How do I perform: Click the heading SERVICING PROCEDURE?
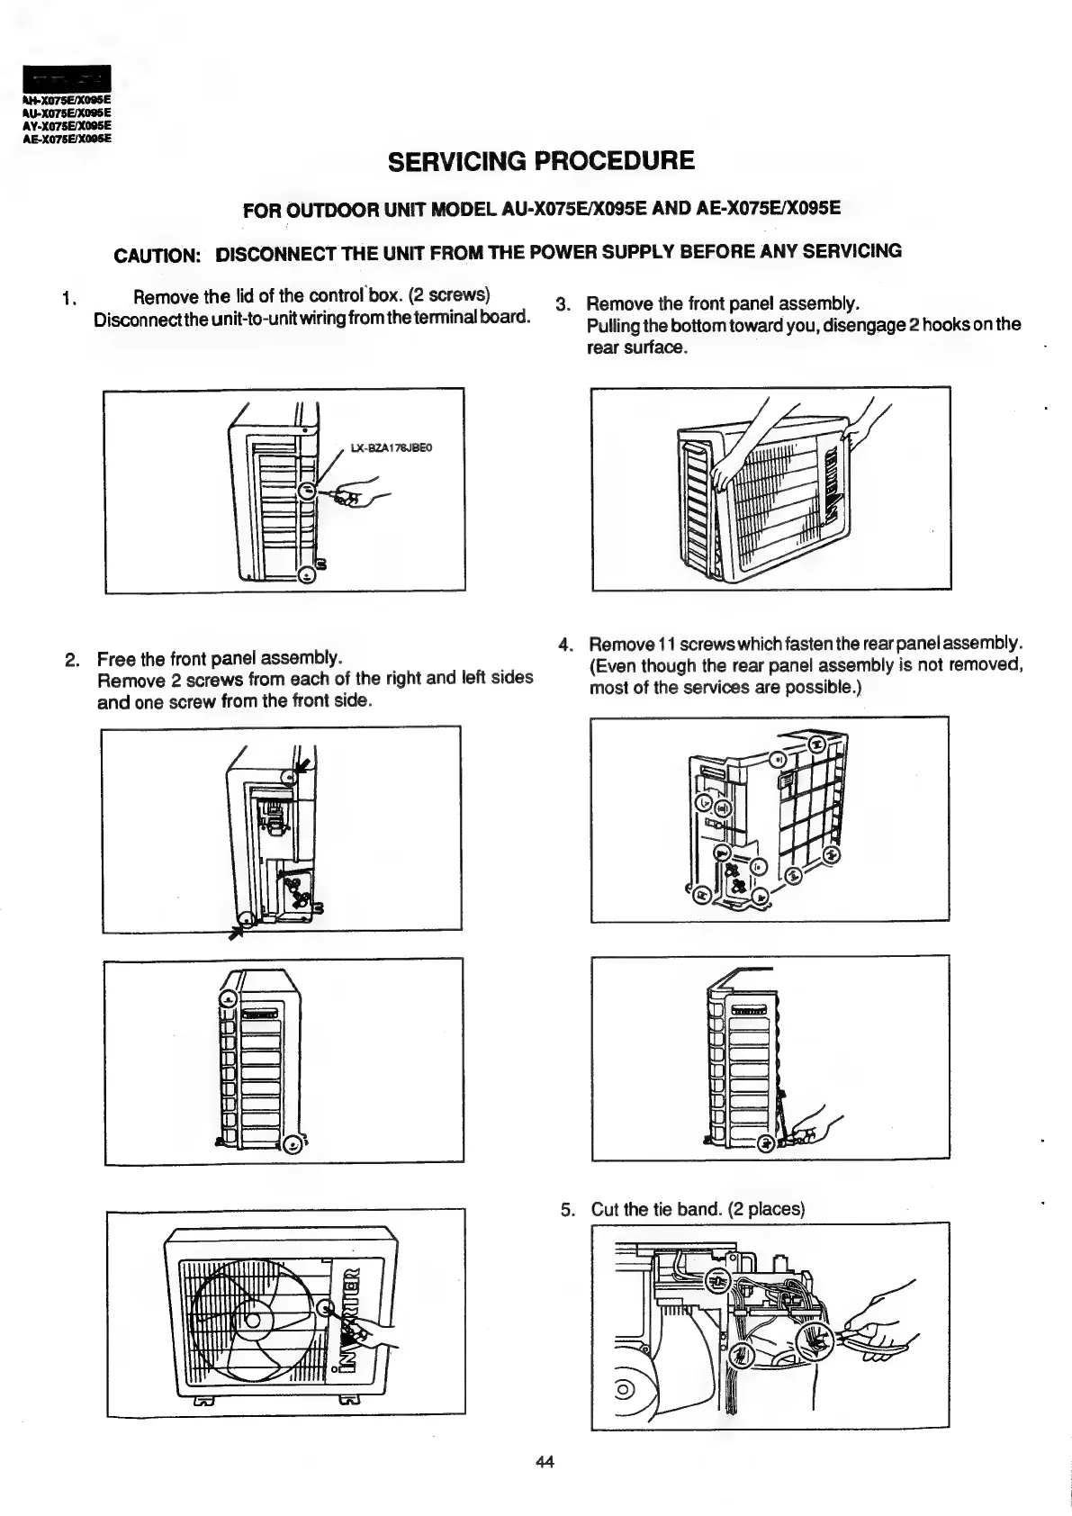pos(541,161)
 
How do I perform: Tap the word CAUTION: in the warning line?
pos(157,255)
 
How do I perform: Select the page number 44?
pos(544,1462)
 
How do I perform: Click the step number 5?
pos(566,1209)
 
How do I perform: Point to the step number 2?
pos(72,660)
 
